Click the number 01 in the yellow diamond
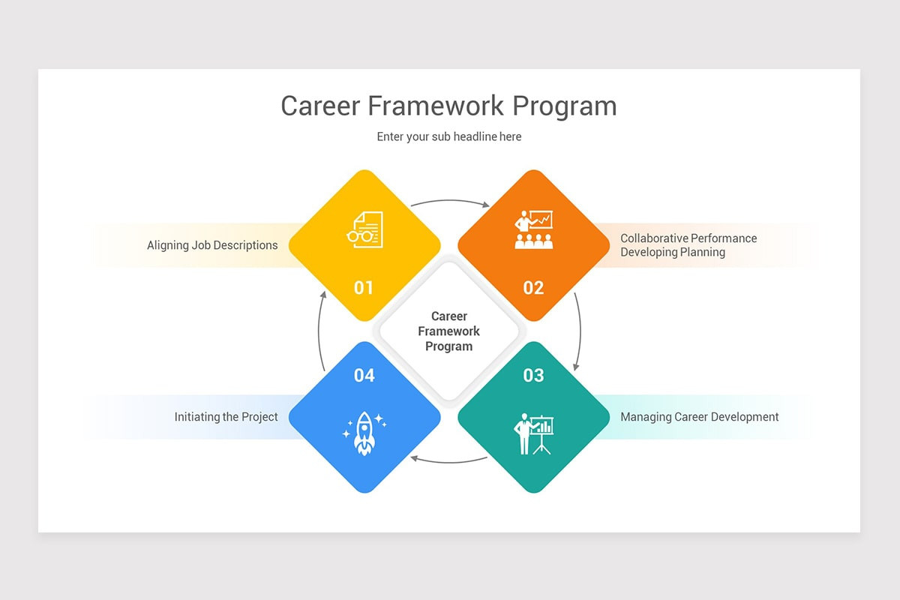[364, 288]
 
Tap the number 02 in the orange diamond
[533, 288]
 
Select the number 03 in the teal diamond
[533, 375]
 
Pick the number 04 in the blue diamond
[364, 375]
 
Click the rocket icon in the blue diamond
[364, 433]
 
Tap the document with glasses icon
[365, 229]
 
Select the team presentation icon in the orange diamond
[534, 229]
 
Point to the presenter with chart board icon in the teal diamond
[533, 433]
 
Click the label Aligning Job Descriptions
[212, 245]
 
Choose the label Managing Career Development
[699, 417]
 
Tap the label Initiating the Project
[226, 417]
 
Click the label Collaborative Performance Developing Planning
[688, 245]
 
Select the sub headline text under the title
[448, 136]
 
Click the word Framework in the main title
[436, 106]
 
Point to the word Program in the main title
[565, 106]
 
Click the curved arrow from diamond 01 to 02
[449, 200]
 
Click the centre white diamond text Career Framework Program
[448, 331]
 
